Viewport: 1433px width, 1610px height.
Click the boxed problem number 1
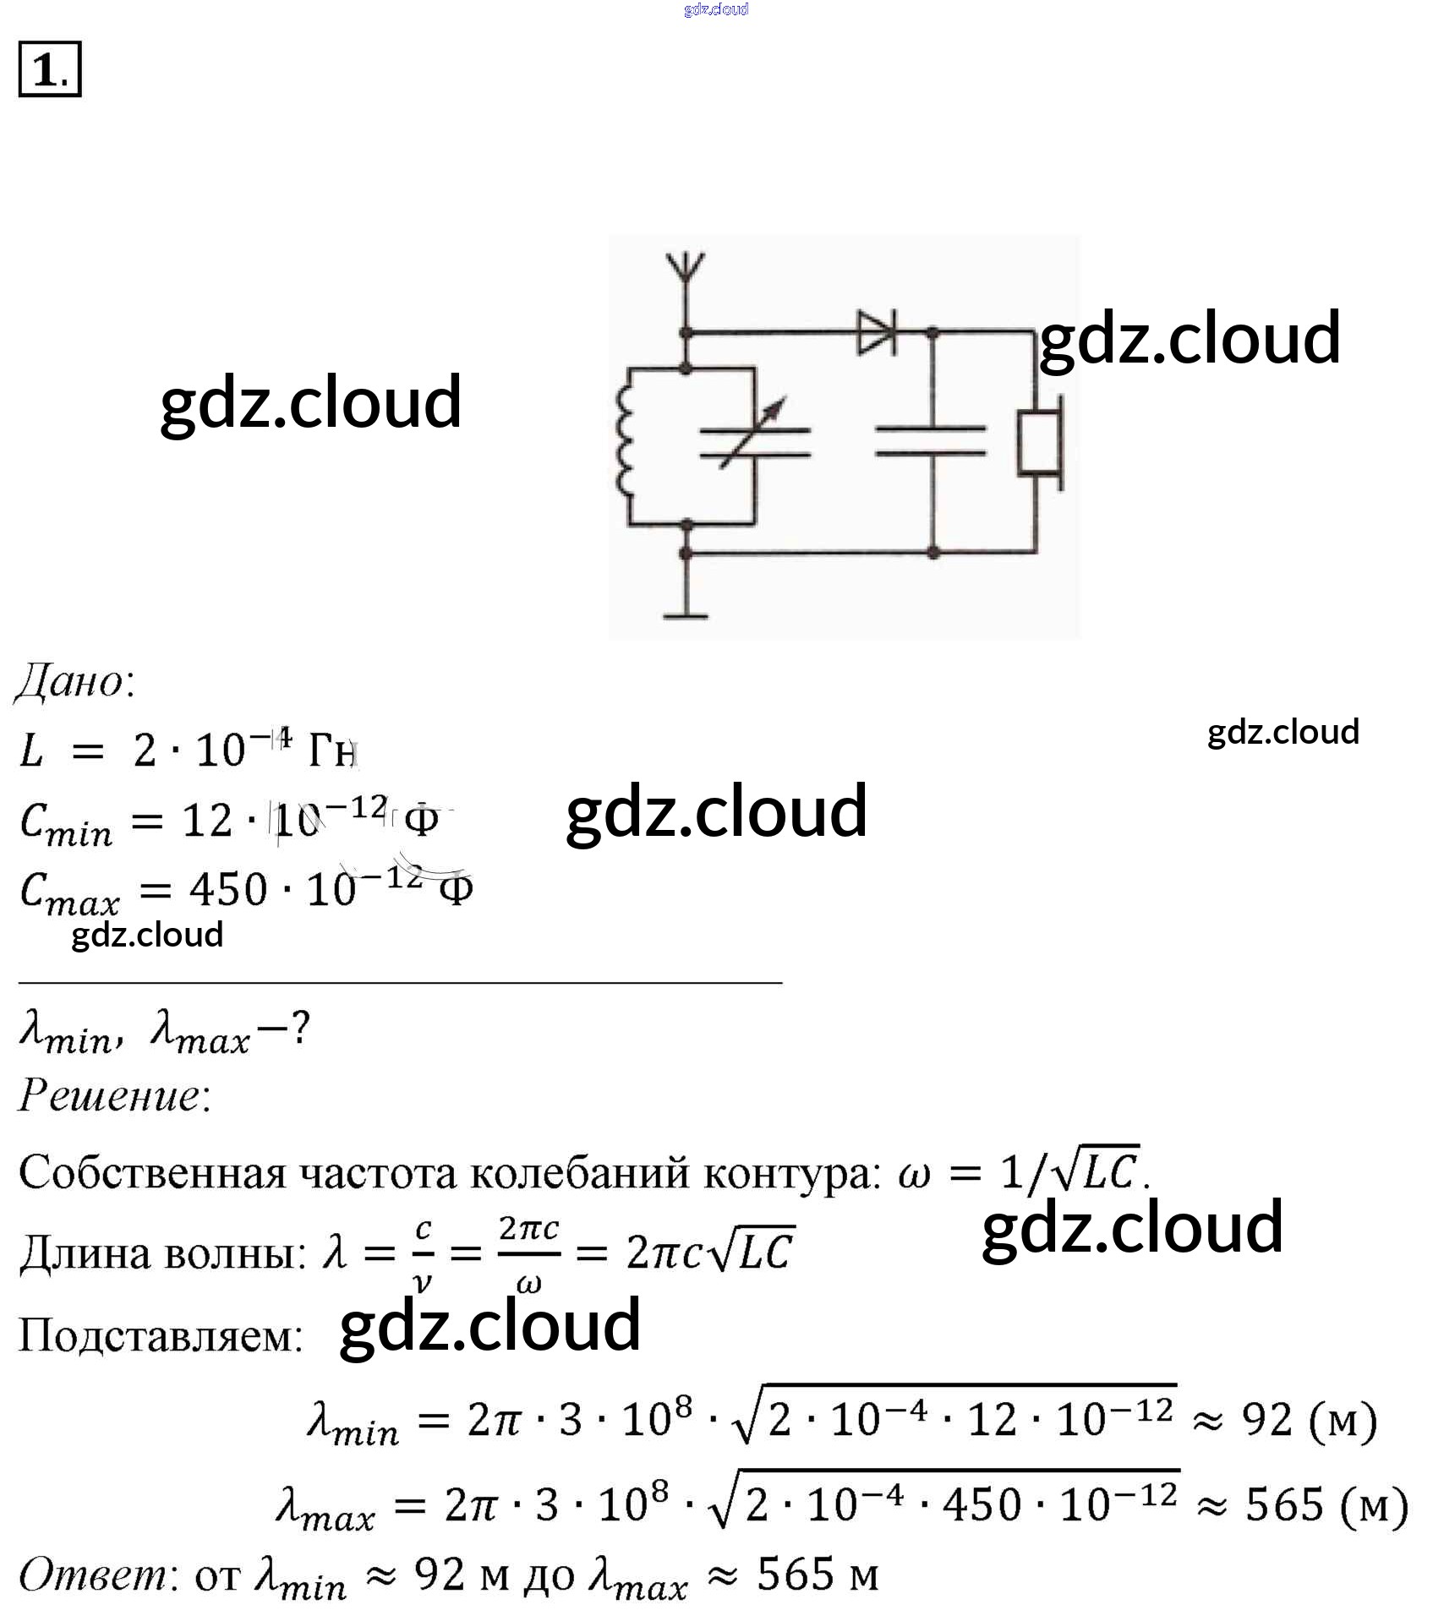coord(49,69)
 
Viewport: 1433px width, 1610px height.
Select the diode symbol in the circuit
coord(877,332)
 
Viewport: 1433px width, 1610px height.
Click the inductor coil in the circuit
coord(625,444)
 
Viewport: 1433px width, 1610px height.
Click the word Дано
coord(74,681)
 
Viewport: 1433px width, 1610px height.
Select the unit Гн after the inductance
coord(332,750)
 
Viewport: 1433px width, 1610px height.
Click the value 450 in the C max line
coord(228,889)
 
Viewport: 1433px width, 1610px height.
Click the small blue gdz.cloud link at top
coord(716,9)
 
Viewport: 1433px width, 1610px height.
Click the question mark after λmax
coord(299,1029)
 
